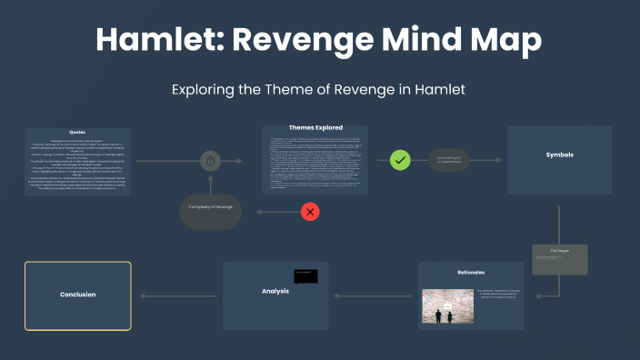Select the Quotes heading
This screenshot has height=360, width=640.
coord(77,133)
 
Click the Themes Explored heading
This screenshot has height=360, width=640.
coord(314,128)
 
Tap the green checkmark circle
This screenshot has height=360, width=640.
coord(401,160)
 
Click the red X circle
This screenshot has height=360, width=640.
coord(311,211)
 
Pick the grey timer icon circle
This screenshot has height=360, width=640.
coord(210,161)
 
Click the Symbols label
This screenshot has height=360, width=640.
coord(559,155)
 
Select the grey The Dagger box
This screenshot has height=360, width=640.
coord(560,259)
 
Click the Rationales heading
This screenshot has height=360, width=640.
coord(471,271)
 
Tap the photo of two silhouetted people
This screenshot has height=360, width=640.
coord(445,306)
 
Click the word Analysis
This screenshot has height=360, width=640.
coord(274,291)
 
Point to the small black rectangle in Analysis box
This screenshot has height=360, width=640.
coord(305,275)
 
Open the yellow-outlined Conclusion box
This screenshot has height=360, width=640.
coord(78,295)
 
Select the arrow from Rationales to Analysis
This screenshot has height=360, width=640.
coord(373,295)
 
